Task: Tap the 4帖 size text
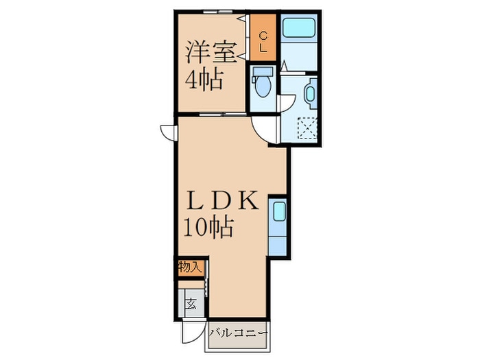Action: pyautogui.click(x=204, y=80)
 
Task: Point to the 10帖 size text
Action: pyautogui.click(x=208, y=227)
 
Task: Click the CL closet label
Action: pyautogui.click(x=263, y=43)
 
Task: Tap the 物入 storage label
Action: pyautogui.click(x=190, y=268)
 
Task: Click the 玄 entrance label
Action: pyautogui.click(x=191, y=304)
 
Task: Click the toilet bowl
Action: pyautogui.click(x=263, y=86)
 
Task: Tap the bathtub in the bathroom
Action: pyautogui.click(x=299, y=28)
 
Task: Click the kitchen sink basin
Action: pyautogui.click(x=278, y=211)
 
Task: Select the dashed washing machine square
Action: pyautogui.click(x=307, y=128)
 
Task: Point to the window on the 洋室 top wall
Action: pyautogui.click(x=218, y=12)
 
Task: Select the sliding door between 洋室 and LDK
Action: pyautogui.click(x=223, y=115)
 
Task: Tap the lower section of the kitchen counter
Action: pyautogui.click(x=277, y=245)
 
